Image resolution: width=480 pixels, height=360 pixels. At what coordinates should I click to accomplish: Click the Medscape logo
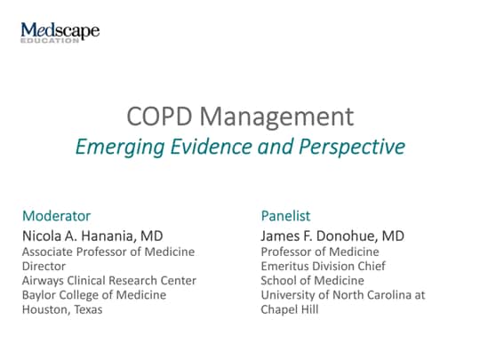(60, 32)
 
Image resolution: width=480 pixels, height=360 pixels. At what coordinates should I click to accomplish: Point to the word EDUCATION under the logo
(50, 40)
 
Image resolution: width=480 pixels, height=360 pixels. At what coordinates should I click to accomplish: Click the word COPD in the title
(159, 116)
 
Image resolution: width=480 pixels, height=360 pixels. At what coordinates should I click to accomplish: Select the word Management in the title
(277, 116)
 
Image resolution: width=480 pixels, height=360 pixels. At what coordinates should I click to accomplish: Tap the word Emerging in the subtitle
(120, 147)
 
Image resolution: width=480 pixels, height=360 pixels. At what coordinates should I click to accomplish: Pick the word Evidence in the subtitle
(212, 147)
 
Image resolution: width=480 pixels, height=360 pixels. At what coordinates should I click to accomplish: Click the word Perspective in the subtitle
(352, 147)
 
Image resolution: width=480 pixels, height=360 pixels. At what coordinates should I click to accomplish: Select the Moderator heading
(57, 216)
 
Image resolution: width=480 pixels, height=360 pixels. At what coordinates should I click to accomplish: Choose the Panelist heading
(285, 216)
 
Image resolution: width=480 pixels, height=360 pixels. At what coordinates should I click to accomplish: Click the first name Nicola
(42, 236)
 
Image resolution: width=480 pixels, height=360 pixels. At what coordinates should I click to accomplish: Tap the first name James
(280, 236)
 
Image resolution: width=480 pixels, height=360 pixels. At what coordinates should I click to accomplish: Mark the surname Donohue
(347, 236)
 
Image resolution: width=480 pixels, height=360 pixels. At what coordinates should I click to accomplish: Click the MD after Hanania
(151, 236)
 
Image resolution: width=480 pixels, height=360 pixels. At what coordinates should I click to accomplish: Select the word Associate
(47, 252)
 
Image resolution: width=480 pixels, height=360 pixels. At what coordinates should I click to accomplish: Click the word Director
(44, 266)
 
